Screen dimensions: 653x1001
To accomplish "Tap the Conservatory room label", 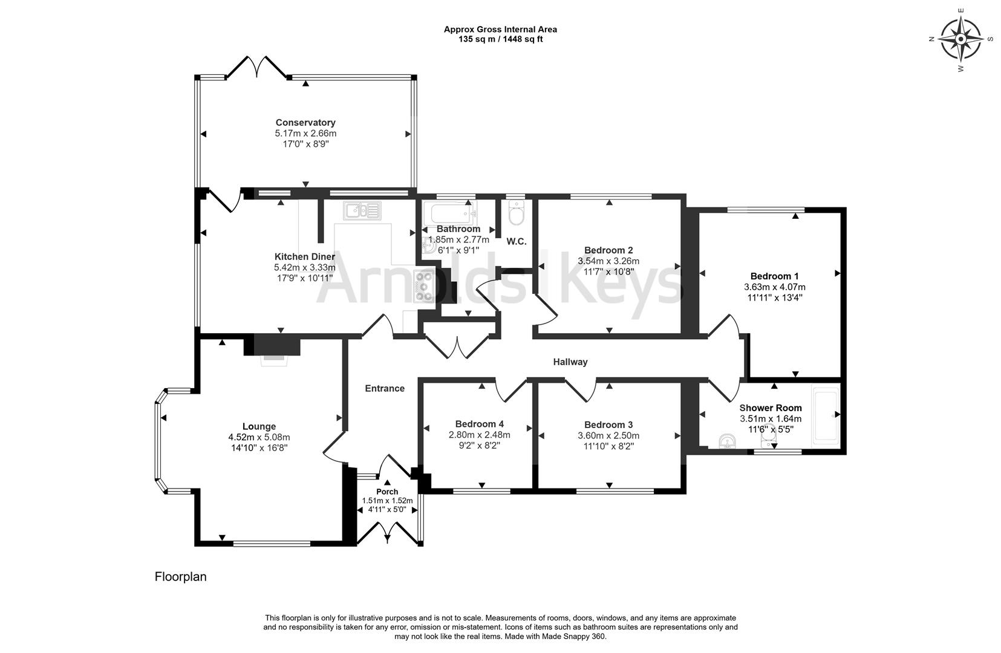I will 305,123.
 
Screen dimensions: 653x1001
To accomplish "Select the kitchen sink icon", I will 362,210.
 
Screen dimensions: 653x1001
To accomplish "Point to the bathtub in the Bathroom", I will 450,213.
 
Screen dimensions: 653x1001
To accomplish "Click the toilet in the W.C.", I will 517,214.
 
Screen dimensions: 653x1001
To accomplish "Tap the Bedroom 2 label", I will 608,250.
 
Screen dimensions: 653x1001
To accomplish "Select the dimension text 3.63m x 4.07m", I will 774,287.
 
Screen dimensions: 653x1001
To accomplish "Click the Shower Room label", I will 770,408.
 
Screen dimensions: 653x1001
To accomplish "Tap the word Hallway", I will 570,362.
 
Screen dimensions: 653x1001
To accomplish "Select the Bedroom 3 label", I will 608,425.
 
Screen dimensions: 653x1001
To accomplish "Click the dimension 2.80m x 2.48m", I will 479,435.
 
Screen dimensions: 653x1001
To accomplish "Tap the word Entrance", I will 385,389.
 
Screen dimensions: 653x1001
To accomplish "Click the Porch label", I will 387,492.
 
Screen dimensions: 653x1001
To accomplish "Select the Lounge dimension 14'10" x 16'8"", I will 259,448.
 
